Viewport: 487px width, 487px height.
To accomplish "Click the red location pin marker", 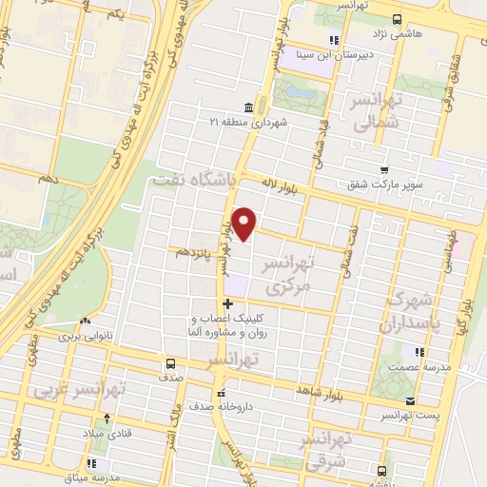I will pos(245,224).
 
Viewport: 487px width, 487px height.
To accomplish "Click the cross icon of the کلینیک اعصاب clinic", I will pos(226,303).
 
